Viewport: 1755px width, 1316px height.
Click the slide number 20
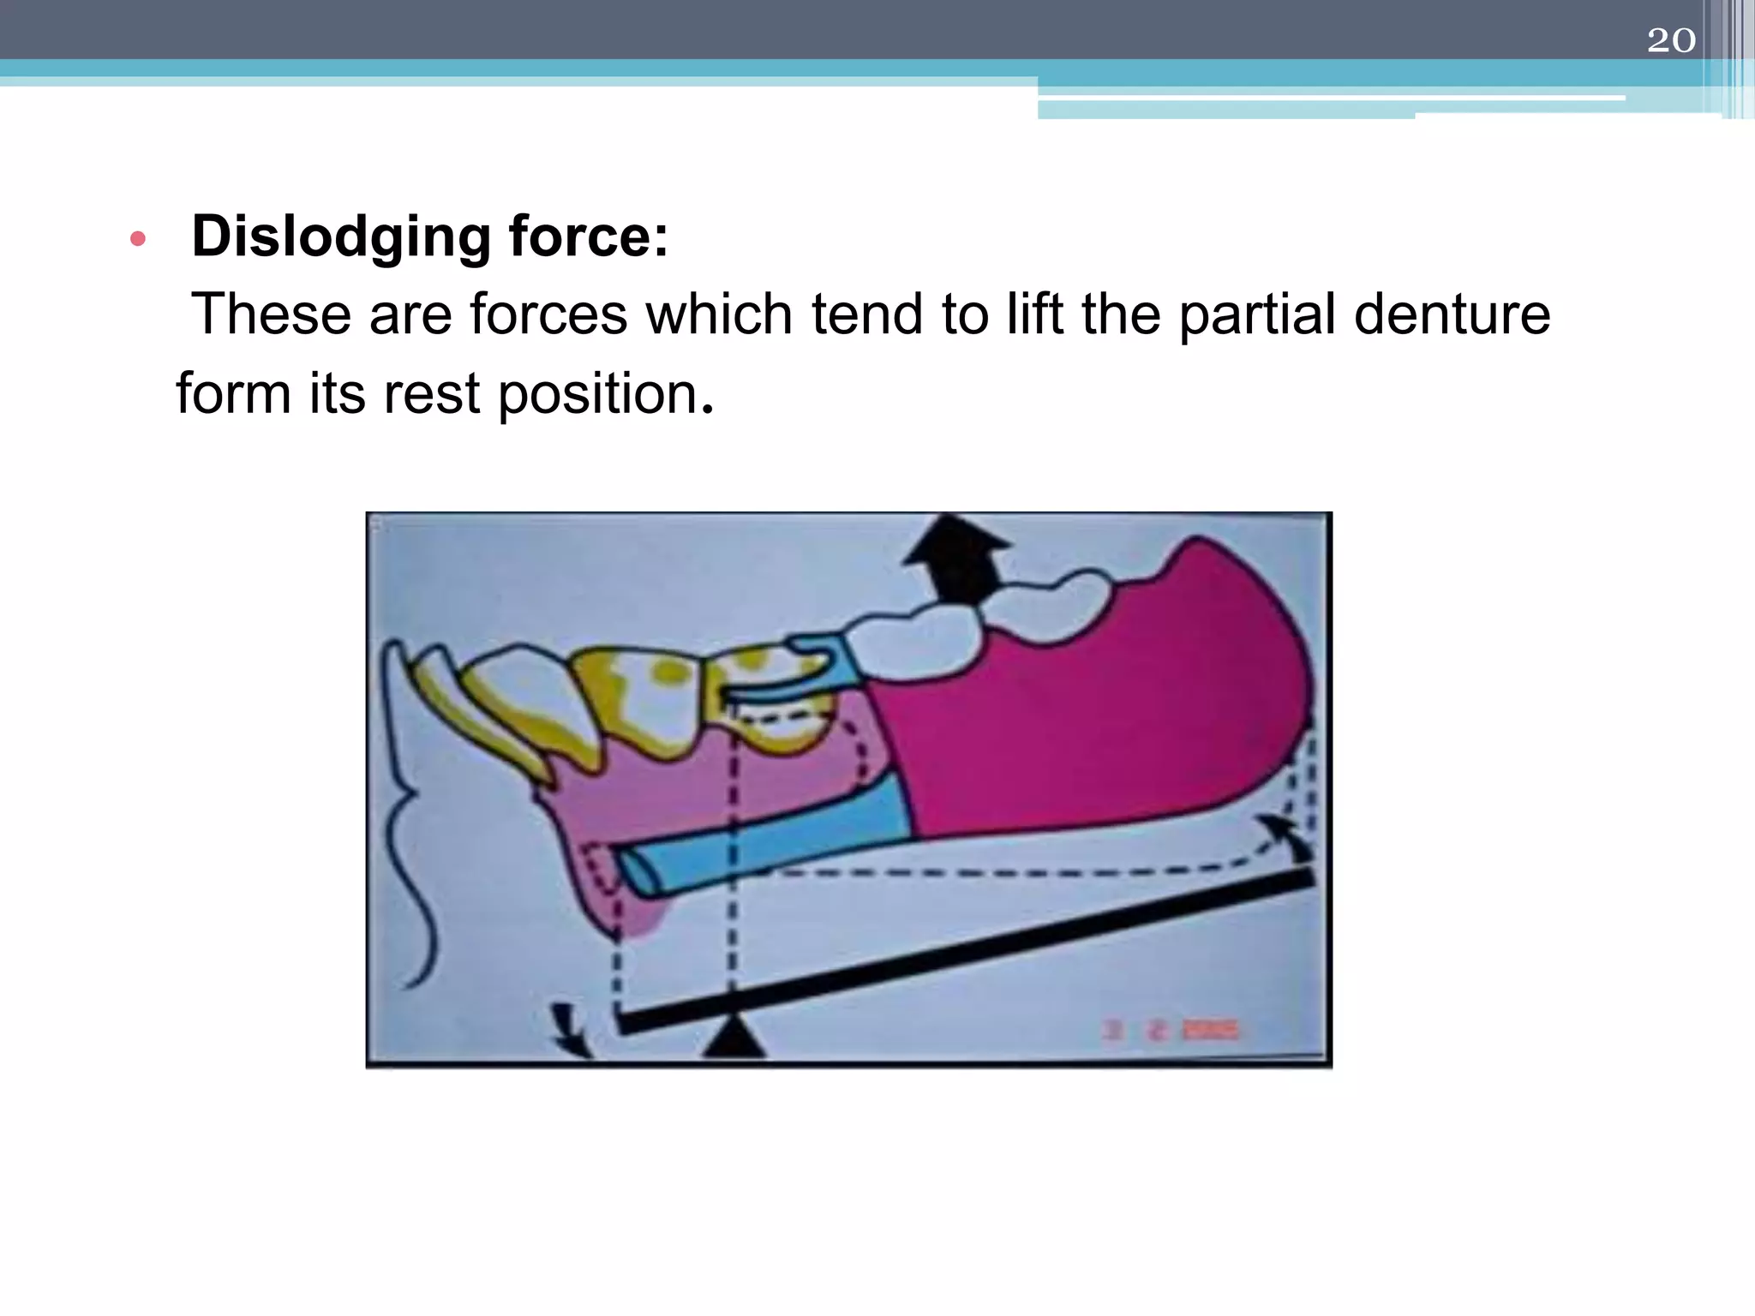pos(1670,40)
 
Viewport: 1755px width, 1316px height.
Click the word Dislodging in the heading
pos(340,236)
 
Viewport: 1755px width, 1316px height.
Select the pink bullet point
pos(138,239)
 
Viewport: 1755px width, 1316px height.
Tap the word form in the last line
pos(233,394)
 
